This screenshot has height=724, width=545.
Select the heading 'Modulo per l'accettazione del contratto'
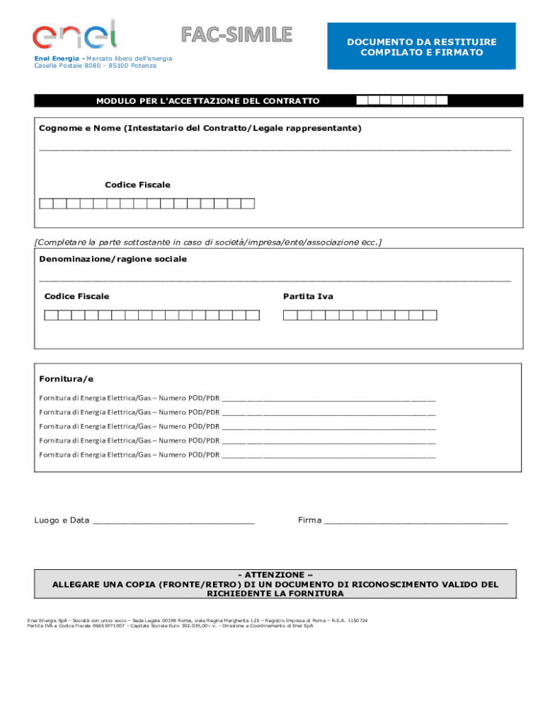click(208, 101)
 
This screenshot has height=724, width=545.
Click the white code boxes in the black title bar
click(402, 100)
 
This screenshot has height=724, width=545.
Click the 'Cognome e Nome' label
click(200, 128)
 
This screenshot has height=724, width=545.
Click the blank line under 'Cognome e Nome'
click(275, 149)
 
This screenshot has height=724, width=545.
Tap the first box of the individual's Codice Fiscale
click(46, 204)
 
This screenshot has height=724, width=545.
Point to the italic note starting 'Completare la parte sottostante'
click(208, 242)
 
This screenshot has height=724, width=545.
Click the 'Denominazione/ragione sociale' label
click(113, 259)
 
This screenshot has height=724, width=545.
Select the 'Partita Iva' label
click(308, 296)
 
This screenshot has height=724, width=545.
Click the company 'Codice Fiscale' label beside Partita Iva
click(76, 296)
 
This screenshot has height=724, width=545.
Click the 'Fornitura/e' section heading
click(66, 379)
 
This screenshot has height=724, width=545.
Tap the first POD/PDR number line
click(328, 398)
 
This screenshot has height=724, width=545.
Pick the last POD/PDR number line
click(328, 455)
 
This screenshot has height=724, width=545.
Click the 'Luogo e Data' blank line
click(173, 522)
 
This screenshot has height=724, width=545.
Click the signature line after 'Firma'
click(415, 522)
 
